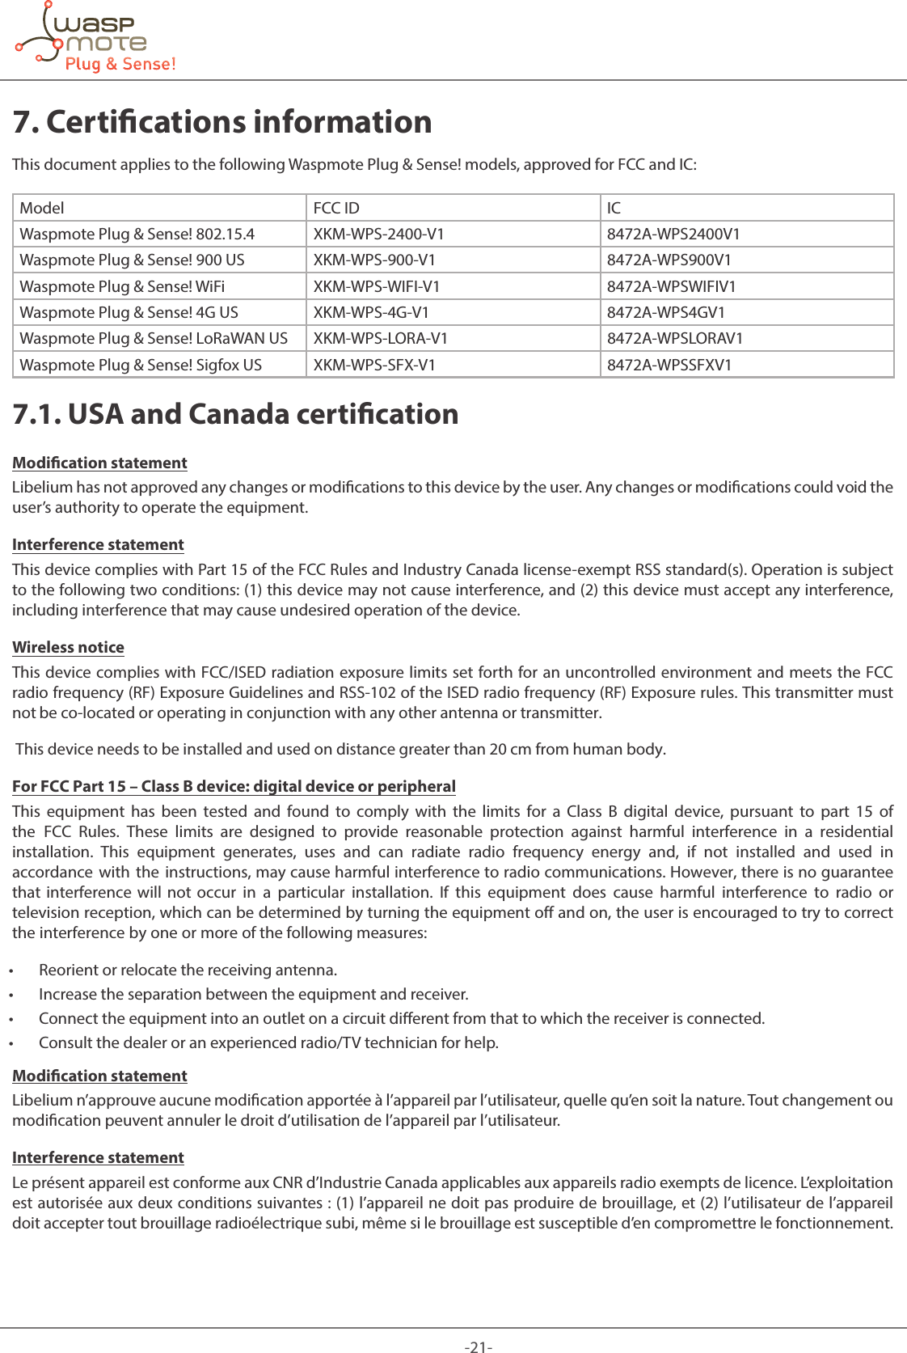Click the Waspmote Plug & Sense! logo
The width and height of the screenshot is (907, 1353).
point(95,39)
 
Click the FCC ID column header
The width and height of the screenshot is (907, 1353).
point(336,208)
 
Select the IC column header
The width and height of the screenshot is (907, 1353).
point(614,208)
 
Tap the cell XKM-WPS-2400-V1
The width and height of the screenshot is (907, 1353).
point(378,235)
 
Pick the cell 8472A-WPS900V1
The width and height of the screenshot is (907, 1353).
point(669,260)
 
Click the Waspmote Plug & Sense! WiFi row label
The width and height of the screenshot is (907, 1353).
point(122,287)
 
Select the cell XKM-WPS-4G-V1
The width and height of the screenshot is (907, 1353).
point(371,313)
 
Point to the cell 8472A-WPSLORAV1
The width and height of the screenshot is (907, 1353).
point(674,339)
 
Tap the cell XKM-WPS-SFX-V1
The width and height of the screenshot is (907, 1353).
point(374,366)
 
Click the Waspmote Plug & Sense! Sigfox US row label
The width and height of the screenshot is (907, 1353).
point(141,366)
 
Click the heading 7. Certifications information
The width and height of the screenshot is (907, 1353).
point(222,122)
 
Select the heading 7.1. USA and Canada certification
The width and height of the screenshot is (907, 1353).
point(235,414)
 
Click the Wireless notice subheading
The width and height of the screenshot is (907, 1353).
point(68,648)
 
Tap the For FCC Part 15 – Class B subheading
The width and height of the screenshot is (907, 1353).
point(234,787)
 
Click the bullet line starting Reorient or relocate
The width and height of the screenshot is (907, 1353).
point(188,970)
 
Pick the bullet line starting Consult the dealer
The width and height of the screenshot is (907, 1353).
point(268,1043)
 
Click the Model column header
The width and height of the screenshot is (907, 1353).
point(42,208)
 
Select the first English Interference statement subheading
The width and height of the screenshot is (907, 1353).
point(98,545)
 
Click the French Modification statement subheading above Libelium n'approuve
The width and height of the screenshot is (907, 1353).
point(99,1076)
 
